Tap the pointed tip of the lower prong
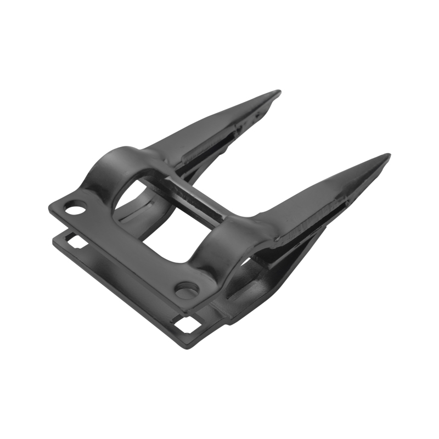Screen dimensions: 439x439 387,156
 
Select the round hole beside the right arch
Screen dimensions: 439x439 187,289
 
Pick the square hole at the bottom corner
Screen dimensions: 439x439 188,324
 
